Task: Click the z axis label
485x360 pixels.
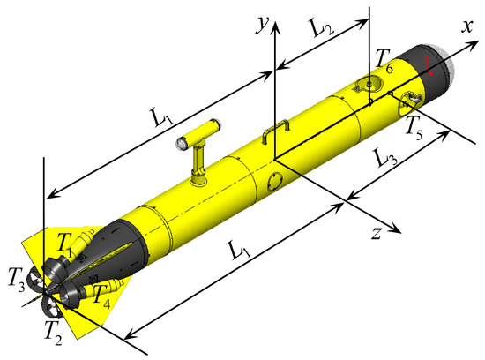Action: [377, 233]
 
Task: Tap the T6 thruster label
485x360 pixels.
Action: [384, 62]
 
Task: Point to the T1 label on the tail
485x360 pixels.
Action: [65, 245]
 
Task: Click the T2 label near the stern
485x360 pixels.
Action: [53, 333]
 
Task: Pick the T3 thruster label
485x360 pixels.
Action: [17, 281]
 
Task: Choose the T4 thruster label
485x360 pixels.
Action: [101, 297]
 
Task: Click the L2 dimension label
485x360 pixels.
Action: [322, 28]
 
